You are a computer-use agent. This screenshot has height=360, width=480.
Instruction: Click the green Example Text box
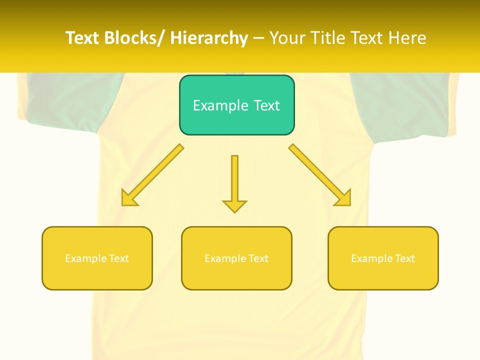(x=236, y=105)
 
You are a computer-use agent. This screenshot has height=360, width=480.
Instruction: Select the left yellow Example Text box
(x=97, y=258)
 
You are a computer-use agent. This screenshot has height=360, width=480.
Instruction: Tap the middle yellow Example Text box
(x=236, y=258)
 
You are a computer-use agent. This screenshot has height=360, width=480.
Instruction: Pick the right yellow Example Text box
(x=383, y=258)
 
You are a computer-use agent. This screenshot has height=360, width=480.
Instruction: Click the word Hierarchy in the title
(x=209, y=38)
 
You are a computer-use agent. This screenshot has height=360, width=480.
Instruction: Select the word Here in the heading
(x=408, y=38)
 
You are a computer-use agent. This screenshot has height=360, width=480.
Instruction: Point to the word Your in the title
(x=286, y=38)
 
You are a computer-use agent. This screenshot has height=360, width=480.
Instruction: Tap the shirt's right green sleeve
(x=400, y=102)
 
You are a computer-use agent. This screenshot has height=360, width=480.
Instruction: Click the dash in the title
(x=258, y=38)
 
